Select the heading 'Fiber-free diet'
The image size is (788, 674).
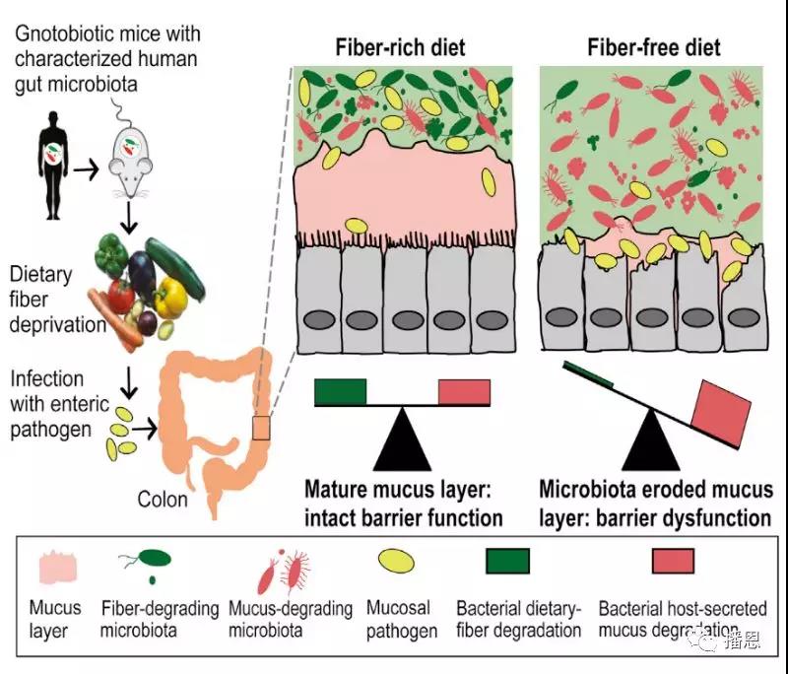(653, 47)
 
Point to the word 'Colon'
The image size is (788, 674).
(163, 499)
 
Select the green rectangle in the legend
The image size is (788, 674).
(507, 560)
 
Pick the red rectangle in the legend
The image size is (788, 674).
(674, 560)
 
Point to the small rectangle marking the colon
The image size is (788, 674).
(260, 429)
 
